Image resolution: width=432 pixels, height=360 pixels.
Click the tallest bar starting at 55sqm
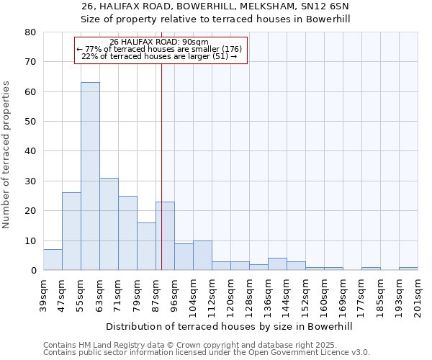click(x=90, y=176)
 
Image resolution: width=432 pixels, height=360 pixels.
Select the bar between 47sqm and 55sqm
click(x=71, y=231)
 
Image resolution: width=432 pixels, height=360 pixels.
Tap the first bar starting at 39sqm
click(x=53, y=260)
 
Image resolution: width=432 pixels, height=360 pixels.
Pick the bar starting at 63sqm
click(x=109, y=224)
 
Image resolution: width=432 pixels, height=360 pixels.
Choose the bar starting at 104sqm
click(x=202, y=256)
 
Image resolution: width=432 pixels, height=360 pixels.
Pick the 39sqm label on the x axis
click(x=44, y=292)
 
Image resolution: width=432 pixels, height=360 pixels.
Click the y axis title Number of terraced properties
click(x=6, y=154)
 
